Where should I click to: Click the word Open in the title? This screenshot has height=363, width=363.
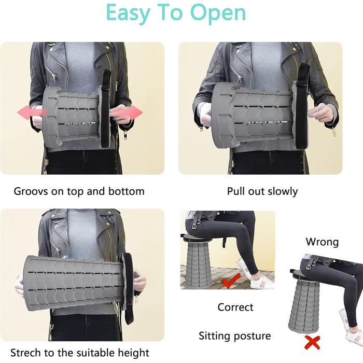coord(218,13)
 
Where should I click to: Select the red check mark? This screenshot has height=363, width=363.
coord(231,281)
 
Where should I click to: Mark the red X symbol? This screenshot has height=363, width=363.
coord(312,342)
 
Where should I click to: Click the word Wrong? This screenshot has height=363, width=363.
coord(322,242)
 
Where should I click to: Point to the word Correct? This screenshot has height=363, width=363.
coord(235,307)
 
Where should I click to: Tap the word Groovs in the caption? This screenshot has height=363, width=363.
coord(31,191)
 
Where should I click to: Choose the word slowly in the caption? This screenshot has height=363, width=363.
coord(283,192)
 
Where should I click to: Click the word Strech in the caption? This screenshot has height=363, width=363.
coord(26,353)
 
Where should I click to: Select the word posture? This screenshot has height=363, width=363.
coord(252,336)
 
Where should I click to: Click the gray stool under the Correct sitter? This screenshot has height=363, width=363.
coord(199,263)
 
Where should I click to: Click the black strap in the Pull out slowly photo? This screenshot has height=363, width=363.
coord(302,106)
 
